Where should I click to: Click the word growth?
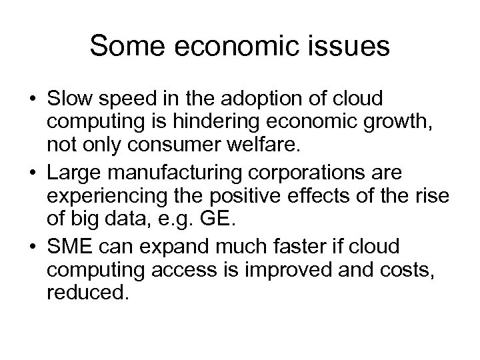pos(359,122)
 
